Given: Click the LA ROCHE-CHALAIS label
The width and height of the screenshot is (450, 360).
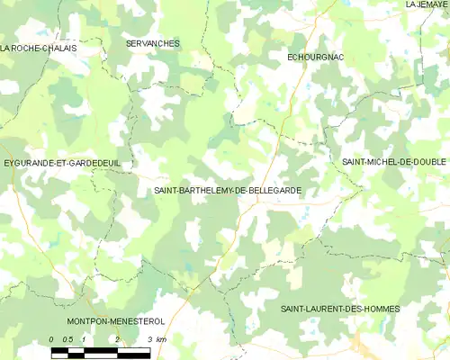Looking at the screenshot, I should click(x=39, y=48).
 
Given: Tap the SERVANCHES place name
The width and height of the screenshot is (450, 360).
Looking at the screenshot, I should click(x=153, y=43).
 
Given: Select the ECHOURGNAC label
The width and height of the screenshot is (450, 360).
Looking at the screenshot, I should click(x=315, y=58).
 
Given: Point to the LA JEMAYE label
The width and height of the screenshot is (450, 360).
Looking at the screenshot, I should click(x=426, y=4).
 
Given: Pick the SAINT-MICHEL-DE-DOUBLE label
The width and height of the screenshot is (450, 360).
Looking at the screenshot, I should click(x=394, y=161).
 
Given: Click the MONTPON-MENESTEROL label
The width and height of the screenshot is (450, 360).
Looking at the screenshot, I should click(x=114, y=320).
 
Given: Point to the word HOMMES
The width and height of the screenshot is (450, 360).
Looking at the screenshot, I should click(x=381, y=309).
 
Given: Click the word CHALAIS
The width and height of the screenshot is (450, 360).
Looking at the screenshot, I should click(x=57, y=48).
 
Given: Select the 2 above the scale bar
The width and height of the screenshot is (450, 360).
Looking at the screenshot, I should click(x=117, y=338).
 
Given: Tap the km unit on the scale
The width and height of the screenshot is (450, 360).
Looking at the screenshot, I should click(x=160, y=338).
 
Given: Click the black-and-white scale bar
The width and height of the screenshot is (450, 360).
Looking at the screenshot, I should click(x=101, y=351).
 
